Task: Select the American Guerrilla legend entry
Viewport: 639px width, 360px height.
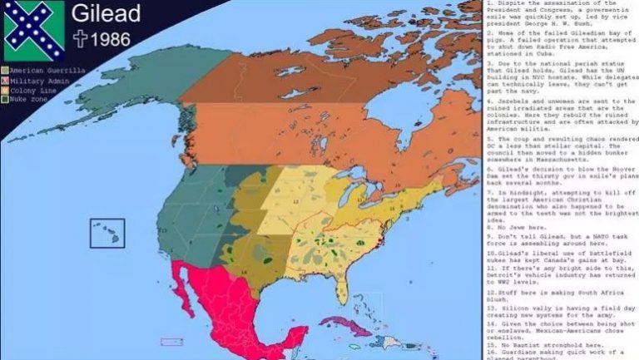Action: pos(46,72)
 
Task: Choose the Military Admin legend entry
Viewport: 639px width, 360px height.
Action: pos(41,81)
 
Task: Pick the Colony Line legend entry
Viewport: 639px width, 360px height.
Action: pos(36,90)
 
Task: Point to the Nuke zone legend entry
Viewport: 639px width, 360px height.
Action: pos(31,99)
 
